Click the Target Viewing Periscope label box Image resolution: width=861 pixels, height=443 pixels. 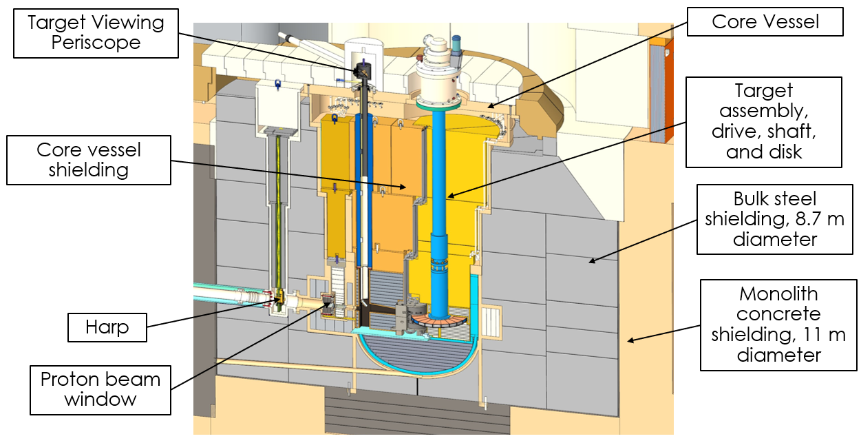coord(96,34)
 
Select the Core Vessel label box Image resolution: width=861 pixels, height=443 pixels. coord(765,21)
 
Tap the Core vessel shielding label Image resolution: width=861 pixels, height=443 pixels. coord(89,160)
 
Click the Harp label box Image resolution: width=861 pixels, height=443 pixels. coord(107,327)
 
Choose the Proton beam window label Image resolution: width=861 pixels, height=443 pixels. coord(100,390)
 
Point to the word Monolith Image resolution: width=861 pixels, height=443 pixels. coord(778,294)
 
